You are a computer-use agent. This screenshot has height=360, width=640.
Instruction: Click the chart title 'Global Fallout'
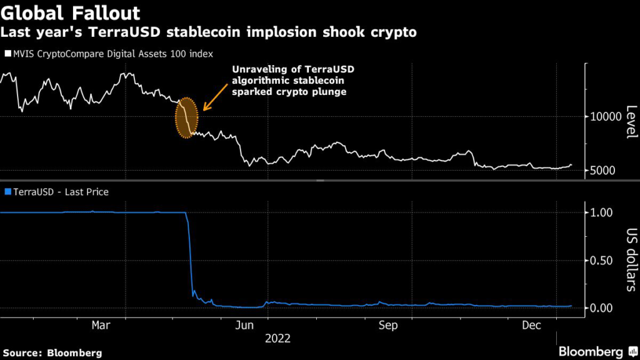tap(71, 12)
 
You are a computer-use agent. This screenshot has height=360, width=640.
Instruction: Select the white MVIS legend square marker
tap(7, 54)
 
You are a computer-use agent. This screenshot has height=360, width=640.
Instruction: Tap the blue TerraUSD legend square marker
tap(7, 192)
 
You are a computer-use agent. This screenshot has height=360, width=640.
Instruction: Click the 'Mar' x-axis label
tap(101, 326)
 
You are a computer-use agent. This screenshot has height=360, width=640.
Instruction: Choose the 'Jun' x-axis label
tap(246, 326)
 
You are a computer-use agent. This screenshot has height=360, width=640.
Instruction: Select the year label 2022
tap(277, 339)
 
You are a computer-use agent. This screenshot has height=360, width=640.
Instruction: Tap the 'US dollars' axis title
tap(631, 259)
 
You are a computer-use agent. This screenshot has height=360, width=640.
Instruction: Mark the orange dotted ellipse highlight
tap(186, 117)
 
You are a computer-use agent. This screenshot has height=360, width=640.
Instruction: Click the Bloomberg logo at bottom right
tap(591, 351)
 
